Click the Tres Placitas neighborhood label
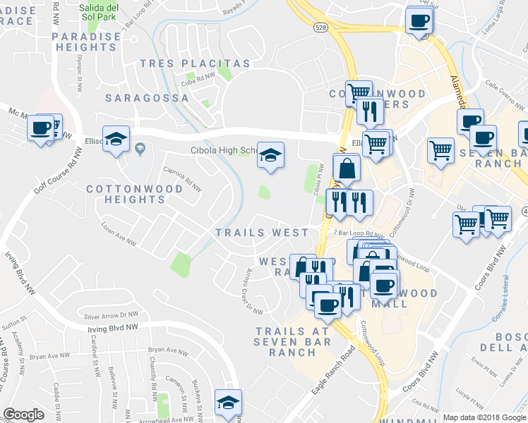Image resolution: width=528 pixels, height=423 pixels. (x=196, y=63)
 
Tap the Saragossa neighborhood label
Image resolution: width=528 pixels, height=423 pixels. (x=147, y=98)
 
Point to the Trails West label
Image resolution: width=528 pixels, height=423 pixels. (x=262, y=233)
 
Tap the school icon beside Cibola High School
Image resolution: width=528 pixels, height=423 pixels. (x=270, y=155)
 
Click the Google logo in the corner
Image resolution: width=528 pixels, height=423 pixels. (x=23, y=415)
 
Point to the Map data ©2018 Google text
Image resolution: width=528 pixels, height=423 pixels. (x=484, y=417)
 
